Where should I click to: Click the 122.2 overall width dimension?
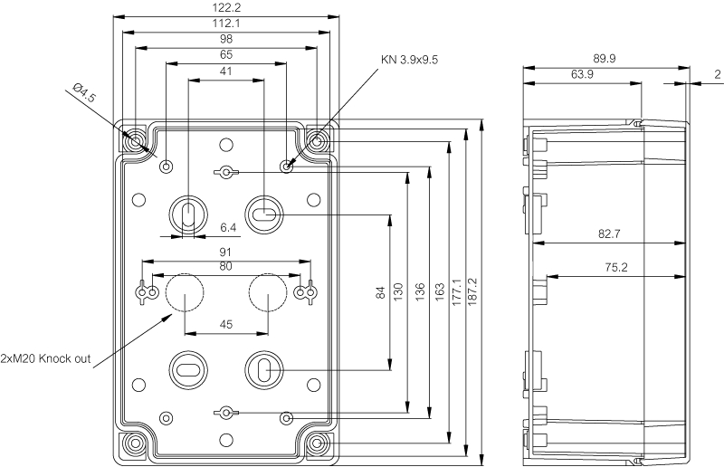click(225, 8)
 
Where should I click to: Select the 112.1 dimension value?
click(225, 24)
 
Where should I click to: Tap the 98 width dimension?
click(225, 40)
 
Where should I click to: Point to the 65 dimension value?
click(225, 55)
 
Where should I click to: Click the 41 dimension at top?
click(225, 71)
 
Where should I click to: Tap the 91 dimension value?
click(225, 253)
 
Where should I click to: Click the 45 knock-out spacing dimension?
click(225, 325)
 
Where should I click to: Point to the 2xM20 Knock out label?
click(46, 358)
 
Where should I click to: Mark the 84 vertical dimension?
click(381, 292)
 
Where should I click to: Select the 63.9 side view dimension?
click(582, 75)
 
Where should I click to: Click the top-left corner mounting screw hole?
click(135, 141)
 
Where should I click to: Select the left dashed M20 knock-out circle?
click(185, 291)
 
